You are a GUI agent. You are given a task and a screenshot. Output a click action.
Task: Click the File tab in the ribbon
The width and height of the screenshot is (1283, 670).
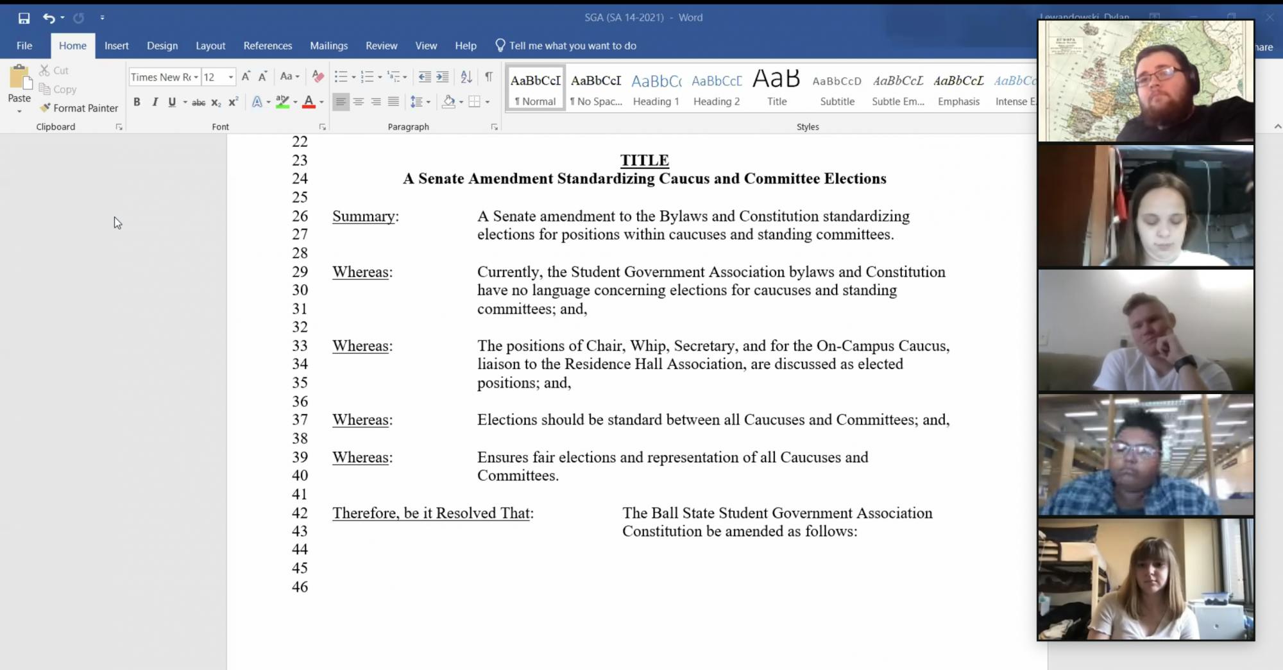pos(24,46)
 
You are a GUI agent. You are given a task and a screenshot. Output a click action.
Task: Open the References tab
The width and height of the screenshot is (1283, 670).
pos(268,46)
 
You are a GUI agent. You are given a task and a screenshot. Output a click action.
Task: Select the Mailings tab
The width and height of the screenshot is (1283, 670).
pos(328,46)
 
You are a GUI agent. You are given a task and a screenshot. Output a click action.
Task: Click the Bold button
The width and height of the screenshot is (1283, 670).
pos(137,102)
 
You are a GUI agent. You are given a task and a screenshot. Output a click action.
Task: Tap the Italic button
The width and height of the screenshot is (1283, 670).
pos(155,102)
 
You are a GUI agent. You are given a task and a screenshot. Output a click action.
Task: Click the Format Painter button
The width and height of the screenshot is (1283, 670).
pos(80,108)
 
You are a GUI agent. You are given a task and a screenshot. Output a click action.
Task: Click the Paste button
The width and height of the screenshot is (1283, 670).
pos(19,87)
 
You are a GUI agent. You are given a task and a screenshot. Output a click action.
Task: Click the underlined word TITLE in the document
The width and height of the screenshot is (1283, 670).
pos(644,160)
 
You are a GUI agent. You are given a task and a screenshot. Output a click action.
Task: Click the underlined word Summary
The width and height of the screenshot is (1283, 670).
pos(363,216)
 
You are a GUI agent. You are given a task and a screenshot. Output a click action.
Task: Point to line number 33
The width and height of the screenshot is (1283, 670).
pos(300,346)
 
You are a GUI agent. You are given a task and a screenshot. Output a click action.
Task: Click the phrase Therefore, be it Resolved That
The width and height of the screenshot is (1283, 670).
pos(431,513)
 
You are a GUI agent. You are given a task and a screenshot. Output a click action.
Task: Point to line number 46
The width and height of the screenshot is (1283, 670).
pos(300,587)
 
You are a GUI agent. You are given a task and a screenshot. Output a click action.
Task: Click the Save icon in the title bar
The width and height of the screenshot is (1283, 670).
pos(24,18)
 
